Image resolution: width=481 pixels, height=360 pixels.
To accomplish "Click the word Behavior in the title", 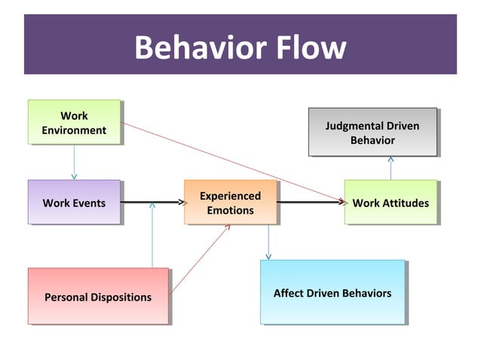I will [199, 47].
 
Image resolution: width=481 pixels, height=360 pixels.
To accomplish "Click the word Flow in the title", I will [308, 47].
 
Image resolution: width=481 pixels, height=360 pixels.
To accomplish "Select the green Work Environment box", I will [74, 122].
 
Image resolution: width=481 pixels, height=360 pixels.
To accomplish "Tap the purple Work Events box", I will [74, 202].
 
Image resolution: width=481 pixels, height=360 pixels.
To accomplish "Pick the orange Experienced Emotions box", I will [230, 202].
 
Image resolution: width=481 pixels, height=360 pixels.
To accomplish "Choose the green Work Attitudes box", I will [390, 202].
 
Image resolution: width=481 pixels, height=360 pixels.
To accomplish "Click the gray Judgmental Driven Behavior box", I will [372, 132].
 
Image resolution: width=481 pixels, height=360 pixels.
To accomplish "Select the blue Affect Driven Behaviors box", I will [332, 292].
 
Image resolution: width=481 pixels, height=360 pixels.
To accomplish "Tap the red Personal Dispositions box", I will [98, 296].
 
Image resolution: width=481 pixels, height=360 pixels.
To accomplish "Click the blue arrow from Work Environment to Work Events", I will [74, 162].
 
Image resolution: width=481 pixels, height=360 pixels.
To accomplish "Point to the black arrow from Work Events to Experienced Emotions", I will [152, 202].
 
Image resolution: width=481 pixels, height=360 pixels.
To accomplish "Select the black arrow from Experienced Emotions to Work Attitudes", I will [310, 202].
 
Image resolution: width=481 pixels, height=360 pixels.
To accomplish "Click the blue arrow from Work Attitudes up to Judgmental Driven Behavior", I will [391, 168].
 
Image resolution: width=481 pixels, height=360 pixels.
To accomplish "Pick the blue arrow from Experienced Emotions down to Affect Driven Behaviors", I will [268, 242].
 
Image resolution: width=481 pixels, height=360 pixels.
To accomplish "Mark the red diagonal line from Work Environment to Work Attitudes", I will [226, 161].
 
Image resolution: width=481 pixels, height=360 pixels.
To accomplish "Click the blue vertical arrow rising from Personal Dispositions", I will [152, 237].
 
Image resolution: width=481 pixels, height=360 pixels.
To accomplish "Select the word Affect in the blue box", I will [290, 293].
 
